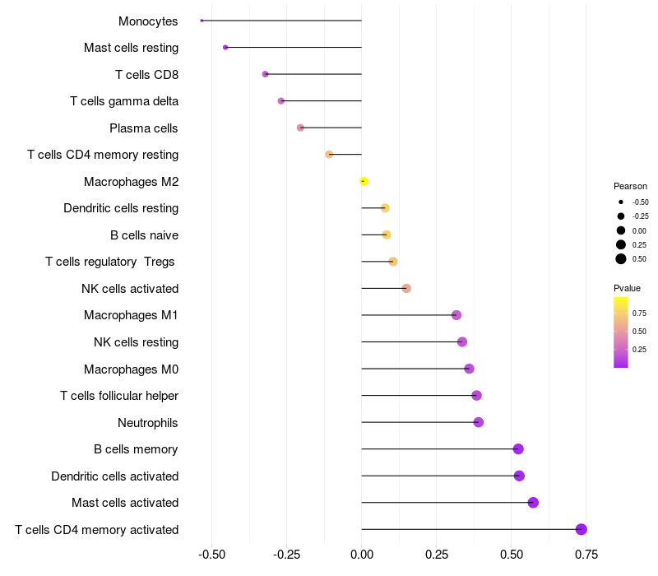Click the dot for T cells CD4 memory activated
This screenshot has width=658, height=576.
click(x=582, y=529)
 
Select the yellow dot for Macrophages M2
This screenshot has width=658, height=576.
click(x=364, y=181)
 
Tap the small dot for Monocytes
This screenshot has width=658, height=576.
click(x=202, y=21)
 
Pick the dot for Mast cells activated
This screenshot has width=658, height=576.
click(x=533, y=502)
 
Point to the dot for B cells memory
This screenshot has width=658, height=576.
click(x=518, y=448)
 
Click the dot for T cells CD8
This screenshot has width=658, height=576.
click(x=265, y=74)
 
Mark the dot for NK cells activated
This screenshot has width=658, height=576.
click(x=406, y=288)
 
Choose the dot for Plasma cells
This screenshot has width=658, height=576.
click(x=300, y=128)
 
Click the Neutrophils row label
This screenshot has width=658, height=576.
click(x=148, y=422)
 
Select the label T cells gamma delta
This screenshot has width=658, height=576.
click(x=124, y=101)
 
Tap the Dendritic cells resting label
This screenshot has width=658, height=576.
click(x=121, y=208)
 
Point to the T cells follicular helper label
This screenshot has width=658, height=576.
click(x=119, y=396)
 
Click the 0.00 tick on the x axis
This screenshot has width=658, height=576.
click(x=362, y=554)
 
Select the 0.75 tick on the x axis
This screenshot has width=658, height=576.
click(x=586, y=554)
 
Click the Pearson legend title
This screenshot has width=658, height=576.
click(x=630, y=186)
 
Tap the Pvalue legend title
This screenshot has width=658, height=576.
click(x=627, y=288)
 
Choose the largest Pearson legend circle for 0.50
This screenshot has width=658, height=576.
click(x=621, y=258)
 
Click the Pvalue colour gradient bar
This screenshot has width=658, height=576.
click(x=621, y=332)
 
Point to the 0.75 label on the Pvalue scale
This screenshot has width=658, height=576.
click(x=639, y=313)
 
